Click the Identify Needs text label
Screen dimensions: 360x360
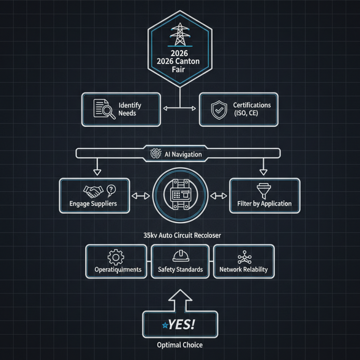[130, 109]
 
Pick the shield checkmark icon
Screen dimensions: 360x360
[218, 109]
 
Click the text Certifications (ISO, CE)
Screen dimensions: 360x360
[252, 109]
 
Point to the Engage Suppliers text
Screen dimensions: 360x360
[94, 203]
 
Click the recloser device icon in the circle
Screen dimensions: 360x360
[180, 196]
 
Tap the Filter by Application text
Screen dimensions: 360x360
[264, 203]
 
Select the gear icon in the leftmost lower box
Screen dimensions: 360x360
[116, 257]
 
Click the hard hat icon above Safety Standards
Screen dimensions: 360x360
[180, 256]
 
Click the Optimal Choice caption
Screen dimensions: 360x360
[180, 345]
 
